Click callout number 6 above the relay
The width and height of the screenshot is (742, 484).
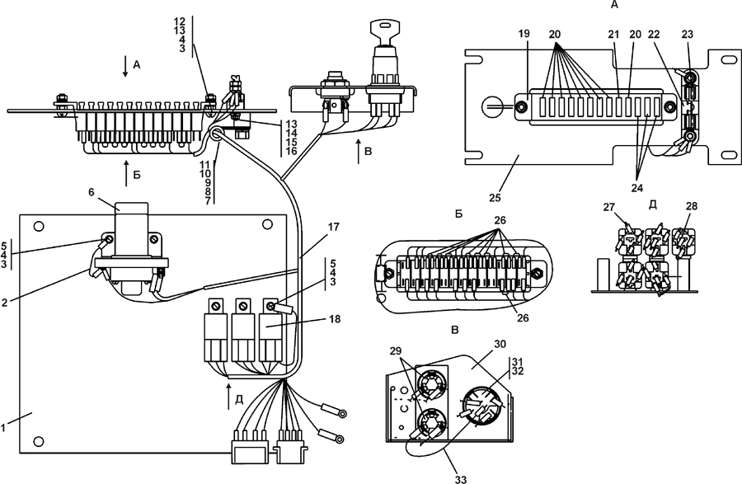click(x=92, y=191)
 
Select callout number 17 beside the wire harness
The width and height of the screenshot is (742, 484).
click(x=334, y=227)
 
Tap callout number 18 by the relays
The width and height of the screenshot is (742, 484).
click(x=335, y=319)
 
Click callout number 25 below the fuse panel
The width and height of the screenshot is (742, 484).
click(x=495, y=197)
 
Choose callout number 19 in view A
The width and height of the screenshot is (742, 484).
click(x=524, y=34)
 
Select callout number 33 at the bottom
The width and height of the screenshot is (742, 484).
click(x=460, y=479)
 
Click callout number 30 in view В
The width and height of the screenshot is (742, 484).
click(x=500, y=344)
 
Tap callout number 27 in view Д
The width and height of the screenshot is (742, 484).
click(x=609, y=207)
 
